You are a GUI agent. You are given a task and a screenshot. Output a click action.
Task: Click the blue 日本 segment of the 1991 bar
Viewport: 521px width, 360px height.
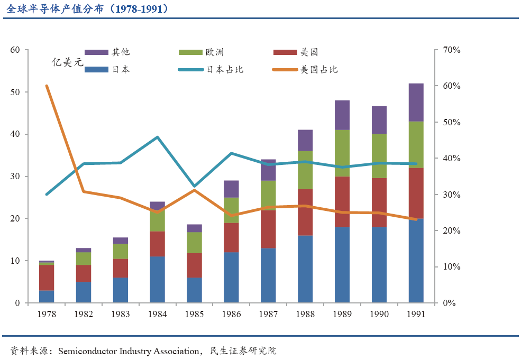(416, 261)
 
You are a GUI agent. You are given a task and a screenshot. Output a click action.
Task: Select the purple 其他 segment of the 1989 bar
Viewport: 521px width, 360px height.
(342, 115)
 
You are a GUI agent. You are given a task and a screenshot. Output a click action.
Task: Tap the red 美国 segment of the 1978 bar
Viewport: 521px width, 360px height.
(47, 278)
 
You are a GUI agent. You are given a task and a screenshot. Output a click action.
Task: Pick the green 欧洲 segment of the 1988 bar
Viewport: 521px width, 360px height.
(305, 170)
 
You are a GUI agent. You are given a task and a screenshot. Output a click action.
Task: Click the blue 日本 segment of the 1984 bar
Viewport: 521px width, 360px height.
(158, 280)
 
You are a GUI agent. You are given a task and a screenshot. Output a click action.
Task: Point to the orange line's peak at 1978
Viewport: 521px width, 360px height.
(47, 86)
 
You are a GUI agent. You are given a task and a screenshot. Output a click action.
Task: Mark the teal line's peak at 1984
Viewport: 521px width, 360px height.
(158, 137)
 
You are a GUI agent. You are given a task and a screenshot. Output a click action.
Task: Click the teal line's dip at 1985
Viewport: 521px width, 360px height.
(194, 186)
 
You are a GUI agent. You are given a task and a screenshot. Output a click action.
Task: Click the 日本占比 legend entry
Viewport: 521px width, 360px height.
(225, 70)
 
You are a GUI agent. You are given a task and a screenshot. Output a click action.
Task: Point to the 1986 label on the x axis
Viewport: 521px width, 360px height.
(231, 314)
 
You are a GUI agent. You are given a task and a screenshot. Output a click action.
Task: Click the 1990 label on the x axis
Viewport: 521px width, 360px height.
(379, 314)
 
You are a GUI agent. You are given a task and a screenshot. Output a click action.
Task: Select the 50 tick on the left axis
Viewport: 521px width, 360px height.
(15, 92)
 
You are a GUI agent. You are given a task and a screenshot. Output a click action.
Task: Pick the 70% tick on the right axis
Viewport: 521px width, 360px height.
(452, 50)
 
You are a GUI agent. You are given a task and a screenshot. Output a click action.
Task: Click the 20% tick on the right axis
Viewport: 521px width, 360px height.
(452, 231)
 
